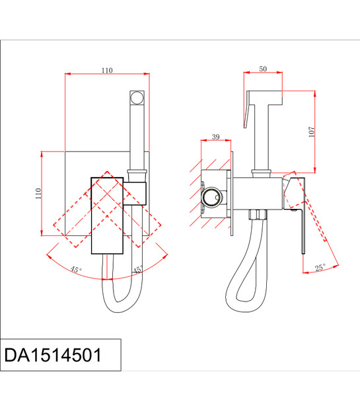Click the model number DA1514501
tap(53, 355)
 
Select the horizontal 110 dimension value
tap(107, 70)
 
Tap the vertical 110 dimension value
tap(38, 194)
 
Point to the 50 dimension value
tap(263, 69)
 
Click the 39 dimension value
tap(216, 137)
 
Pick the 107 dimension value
tap(312, 132)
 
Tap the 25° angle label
tap(320, 267)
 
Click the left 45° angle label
tap(76, 269)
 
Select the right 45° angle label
tap(138, 270)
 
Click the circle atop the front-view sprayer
tap(137, 98)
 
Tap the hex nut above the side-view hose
tap(258, 215)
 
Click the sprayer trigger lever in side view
tap(246, 109)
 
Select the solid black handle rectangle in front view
tap(107, 216)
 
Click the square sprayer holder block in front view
tap(135, 193)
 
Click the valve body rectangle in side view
tap(258, 194)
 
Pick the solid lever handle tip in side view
tap(303, 253)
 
